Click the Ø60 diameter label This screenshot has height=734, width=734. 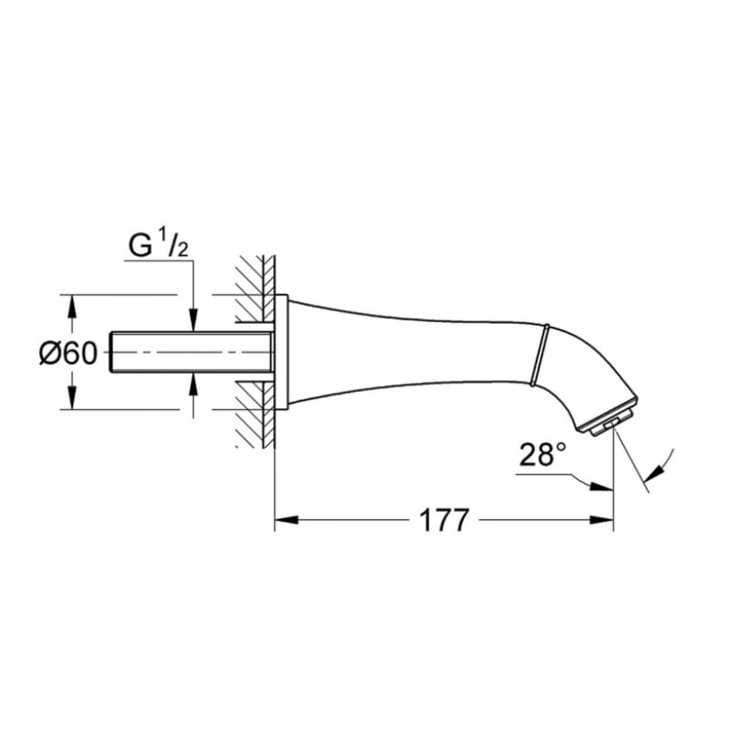68,352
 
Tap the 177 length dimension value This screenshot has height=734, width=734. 444,519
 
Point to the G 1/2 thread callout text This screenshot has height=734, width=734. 158,245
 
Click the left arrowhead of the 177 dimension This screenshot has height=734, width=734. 285,519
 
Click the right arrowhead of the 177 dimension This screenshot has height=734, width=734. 602,519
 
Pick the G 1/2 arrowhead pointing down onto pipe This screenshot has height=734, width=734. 194,321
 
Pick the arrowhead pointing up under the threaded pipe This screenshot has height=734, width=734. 194,384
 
